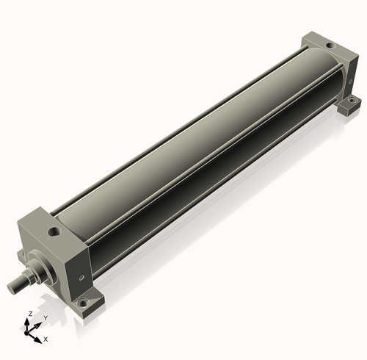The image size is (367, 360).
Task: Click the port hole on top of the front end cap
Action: (x=54, y=231)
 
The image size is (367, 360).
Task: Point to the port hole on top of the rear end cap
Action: (x=330, y=46)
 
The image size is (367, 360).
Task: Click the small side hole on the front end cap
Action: (x=81, y=278)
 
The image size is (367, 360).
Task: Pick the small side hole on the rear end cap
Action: (x=351, y=81)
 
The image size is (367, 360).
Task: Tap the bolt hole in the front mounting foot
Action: (x=83, y=303)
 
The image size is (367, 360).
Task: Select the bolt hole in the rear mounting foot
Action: (x=352, y=100)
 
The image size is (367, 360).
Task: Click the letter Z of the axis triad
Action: (x=30, y=314)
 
